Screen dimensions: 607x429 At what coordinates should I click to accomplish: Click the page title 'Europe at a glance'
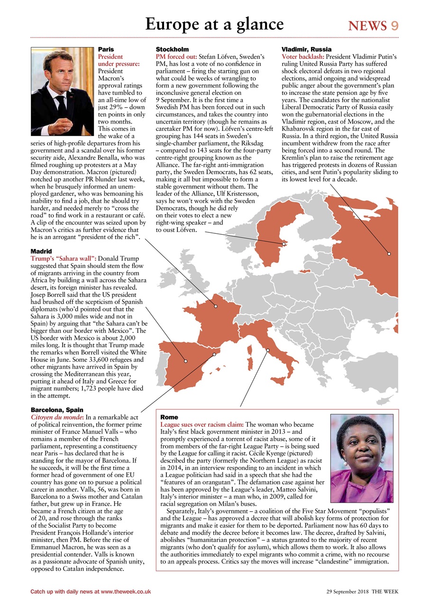(x=214, y=24)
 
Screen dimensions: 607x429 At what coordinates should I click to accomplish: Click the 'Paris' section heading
(x=106, y=49)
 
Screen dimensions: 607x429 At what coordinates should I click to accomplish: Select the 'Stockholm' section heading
(x=172, y=49)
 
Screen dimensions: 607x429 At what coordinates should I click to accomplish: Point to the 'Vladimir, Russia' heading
(x=306, y=49)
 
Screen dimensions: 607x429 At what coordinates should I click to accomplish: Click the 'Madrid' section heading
(x=41, y=250)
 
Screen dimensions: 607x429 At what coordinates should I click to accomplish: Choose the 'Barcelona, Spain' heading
(x=57, y=409)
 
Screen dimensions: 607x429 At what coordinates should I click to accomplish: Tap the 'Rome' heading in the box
(x=169, y=417)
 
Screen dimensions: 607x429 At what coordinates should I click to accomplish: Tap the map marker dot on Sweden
(x=284, y=244)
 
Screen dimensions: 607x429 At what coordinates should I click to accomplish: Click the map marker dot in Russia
(x=389, y=254)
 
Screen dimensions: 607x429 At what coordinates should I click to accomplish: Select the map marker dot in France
(x=216, y=306)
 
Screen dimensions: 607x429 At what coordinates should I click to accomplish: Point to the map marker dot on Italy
(x=268, y=350)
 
